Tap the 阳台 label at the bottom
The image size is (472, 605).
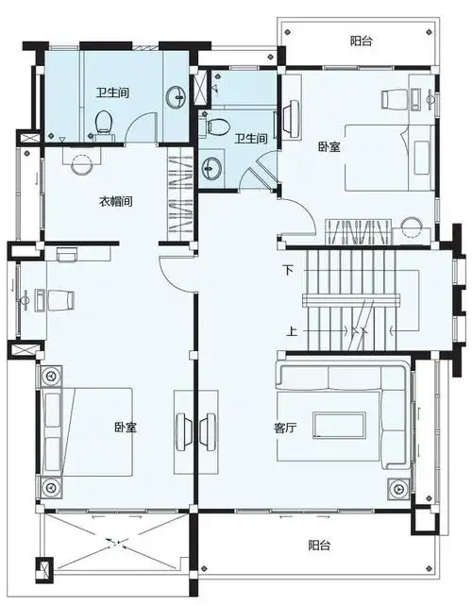(x=319, y=546)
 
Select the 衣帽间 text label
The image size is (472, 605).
(x=115, y=201)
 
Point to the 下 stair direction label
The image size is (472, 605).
(x=289, y=270)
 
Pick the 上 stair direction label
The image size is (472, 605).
(x=293, y=331)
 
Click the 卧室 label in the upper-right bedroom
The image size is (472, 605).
(x=329, y=146)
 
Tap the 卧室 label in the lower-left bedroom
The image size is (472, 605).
(x=125, y=428)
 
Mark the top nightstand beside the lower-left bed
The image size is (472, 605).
(x=49, y=376)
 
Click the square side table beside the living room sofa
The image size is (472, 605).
(x=397, y=489)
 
